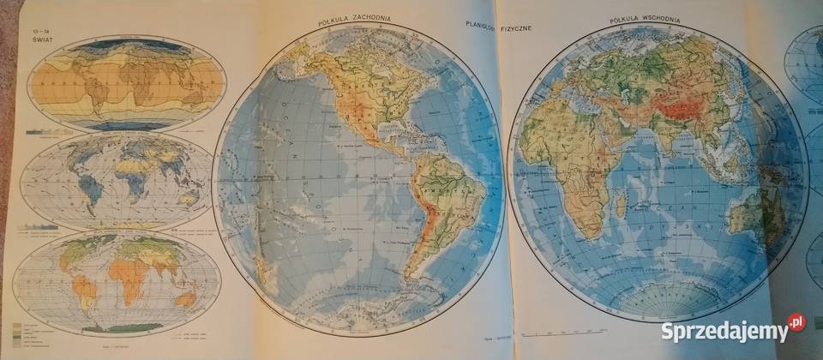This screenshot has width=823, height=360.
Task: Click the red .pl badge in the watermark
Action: click(x=796, y=322)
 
